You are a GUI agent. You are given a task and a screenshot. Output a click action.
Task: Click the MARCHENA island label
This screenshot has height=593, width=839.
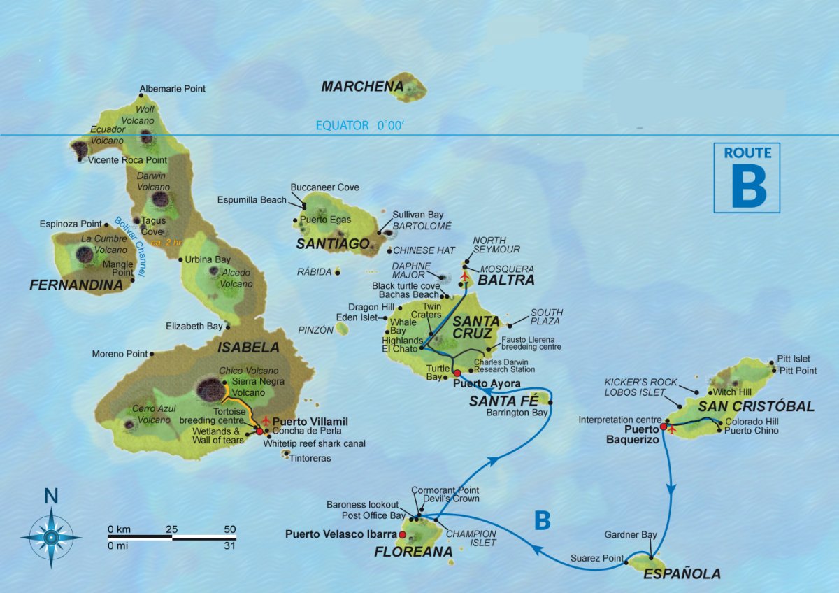click(x=362, y=87)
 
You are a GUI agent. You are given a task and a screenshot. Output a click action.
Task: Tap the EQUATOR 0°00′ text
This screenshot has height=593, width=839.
click(x=359, y=126)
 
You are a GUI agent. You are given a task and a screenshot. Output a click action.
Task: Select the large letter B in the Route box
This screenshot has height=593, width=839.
click(x=747, y=187)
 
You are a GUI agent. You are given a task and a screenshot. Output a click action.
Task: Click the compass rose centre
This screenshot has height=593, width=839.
click(x=51, y=537)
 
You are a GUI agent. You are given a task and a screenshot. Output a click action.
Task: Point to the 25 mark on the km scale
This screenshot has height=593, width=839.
click(x=172, y=529)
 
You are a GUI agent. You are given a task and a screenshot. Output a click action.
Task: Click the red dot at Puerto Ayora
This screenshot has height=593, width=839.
click(x=457, y=373)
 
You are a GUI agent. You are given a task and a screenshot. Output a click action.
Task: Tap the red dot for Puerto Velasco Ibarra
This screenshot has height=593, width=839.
click(x=402, y=534)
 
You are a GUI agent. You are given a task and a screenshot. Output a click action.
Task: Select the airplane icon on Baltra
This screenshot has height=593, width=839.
click(x=464, y=276)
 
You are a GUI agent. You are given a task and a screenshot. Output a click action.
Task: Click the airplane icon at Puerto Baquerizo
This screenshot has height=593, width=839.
click(x=673, y=429)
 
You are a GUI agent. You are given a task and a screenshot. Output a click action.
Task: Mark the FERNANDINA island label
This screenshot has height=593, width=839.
click(x=76, y=285)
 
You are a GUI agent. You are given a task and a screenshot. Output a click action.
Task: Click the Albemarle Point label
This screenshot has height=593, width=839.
click(x=173, y=90)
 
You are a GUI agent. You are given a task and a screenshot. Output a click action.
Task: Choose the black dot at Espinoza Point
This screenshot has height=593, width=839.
click(x=106, y=224)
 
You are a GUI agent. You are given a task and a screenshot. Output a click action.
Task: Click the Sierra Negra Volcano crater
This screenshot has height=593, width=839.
click(x=210, y=388)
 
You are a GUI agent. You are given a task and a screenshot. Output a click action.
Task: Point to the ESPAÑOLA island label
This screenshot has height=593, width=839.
click(x=682, y=574)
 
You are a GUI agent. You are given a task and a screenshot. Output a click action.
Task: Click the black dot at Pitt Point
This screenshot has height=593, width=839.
click(x=774, y=370)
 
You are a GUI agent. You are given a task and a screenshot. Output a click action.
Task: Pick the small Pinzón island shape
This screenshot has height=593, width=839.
click(x=342, y=328)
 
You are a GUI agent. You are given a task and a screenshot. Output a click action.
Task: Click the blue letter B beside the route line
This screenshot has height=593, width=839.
click(x=542, y=520)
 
